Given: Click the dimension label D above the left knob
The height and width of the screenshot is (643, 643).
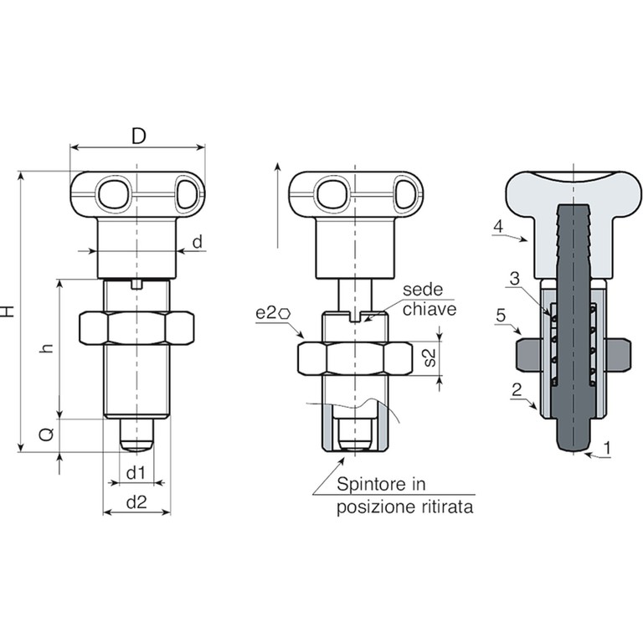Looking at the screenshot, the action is pos(139,136).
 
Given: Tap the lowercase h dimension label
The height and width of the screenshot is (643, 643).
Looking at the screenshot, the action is pos(48,348).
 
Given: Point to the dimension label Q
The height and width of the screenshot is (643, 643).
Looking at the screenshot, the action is pos(47,435).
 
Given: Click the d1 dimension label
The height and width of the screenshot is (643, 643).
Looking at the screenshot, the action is pos(136,473).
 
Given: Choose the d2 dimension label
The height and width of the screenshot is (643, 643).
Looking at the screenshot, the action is pos(136,502).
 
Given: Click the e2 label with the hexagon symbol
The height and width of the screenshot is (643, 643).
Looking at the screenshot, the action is pos(273,313).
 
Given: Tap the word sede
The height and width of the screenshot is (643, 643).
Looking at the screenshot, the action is pos(423,290).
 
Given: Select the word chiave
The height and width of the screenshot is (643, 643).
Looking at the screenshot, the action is pos(430,309).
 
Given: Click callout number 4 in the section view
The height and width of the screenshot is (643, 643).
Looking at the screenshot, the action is pos(498,226).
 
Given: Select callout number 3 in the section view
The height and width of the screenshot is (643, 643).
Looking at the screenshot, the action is pos(514,279).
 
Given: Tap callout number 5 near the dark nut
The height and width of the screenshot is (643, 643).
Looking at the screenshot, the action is pos(501,316).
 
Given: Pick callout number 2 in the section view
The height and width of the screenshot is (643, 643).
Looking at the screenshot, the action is pos(517,389).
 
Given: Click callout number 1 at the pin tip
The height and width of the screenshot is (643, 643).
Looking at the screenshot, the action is pos(607,448).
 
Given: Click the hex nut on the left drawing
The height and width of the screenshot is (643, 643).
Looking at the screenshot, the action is pos(136,328).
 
